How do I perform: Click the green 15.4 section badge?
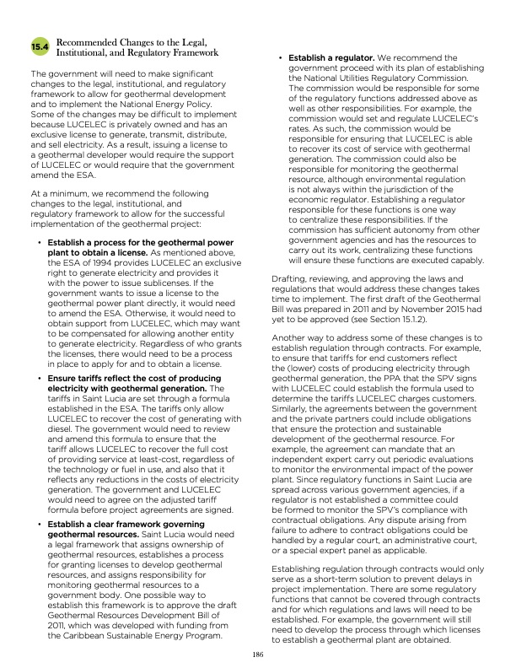pyautogui.click(x=40, y=46)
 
